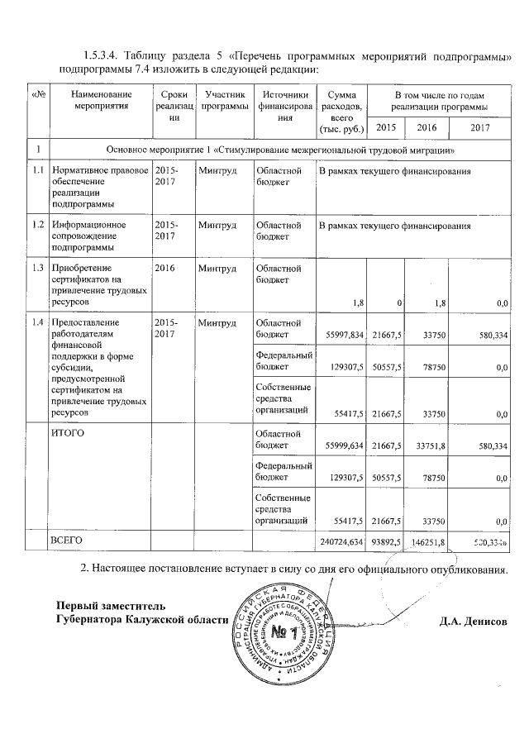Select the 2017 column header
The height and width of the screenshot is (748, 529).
point(480,127)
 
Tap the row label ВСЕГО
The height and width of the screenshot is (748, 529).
point(67,539)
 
